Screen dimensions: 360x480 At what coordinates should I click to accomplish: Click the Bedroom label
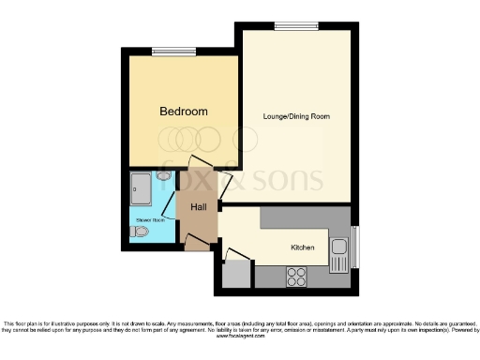click(183, 112)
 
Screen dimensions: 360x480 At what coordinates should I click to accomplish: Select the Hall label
click(199, 207)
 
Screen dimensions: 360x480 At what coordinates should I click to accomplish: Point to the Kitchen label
click(302, 247)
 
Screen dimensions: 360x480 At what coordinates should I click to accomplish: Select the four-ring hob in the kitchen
click(297, 277)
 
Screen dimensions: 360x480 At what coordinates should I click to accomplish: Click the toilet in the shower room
click(140, 232)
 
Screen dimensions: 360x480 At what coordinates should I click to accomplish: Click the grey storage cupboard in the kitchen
click(236, 275)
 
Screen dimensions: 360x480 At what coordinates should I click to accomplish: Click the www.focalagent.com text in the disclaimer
click(239, 335)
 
